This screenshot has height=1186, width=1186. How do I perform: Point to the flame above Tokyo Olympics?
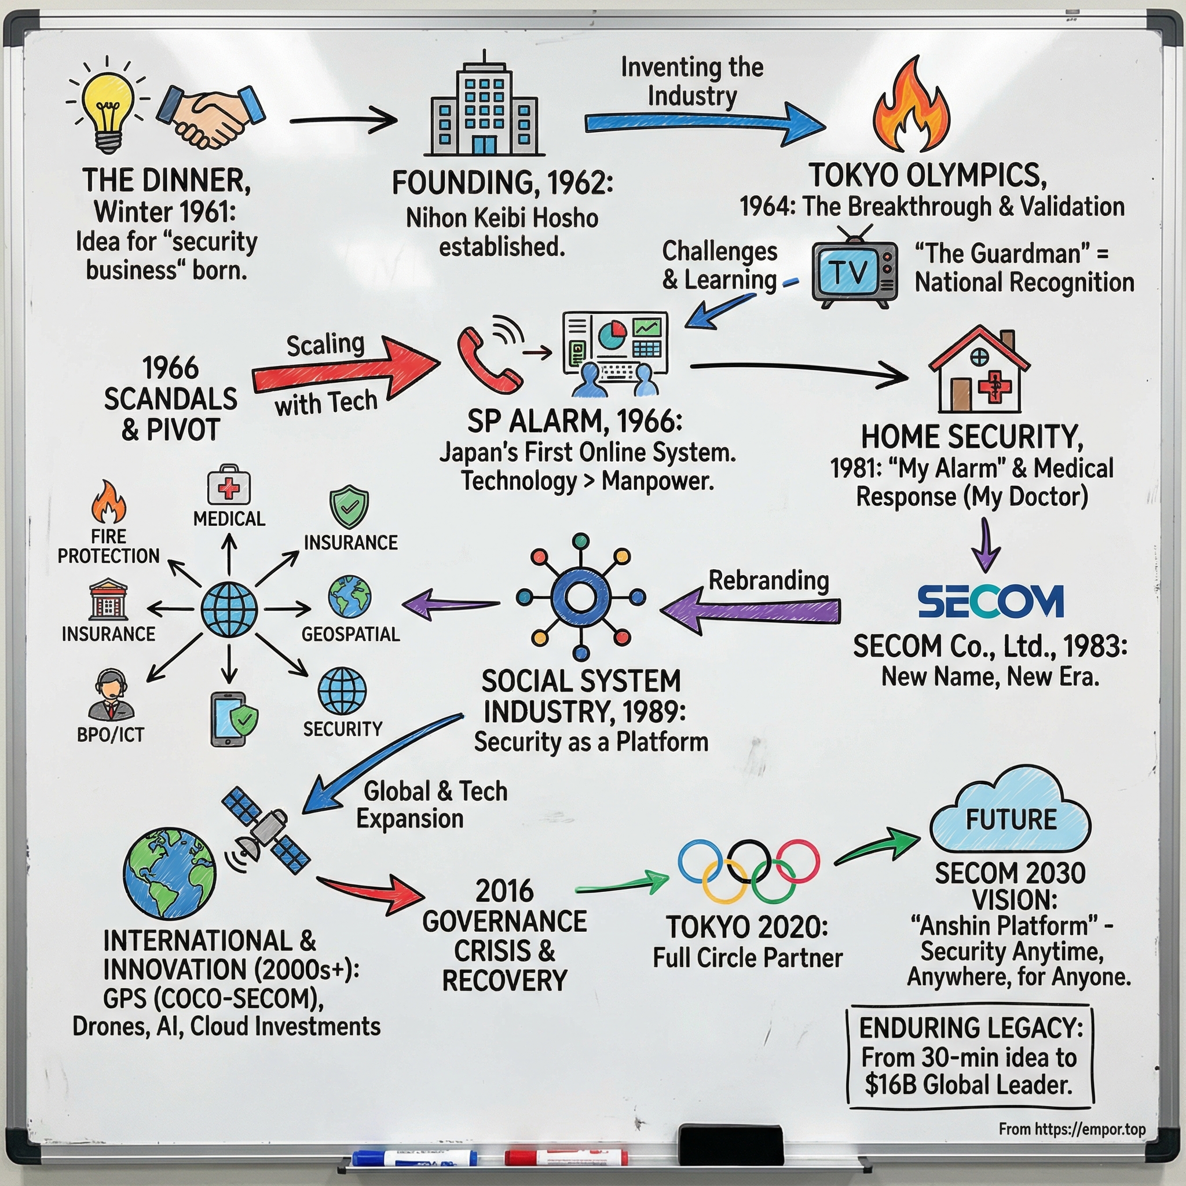[912, 108]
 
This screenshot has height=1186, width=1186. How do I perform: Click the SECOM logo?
[990, 601]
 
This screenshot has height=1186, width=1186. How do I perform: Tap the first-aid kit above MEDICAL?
[229, 485]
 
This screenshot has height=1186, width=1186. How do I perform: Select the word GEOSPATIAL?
[350, 634]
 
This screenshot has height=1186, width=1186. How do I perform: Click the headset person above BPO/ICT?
[111, 694]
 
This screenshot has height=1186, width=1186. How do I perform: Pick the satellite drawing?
[266, 832]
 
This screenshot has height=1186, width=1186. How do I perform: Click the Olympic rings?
[748, 870]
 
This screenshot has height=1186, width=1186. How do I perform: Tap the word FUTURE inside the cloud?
[1011, 819]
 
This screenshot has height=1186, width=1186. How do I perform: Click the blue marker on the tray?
[415, 1158]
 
